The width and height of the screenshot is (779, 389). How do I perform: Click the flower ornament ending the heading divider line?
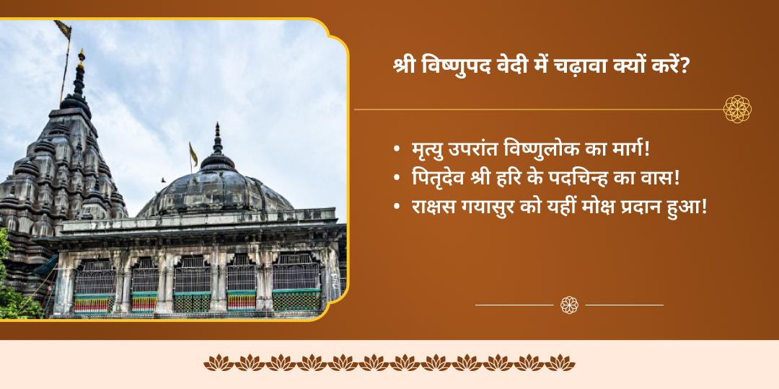737,109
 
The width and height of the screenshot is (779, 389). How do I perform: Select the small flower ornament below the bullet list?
569,305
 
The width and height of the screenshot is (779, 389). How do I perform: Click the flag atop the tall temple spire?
63,30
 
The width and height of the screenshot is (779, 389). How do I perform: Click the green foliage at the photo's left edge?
13,288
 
